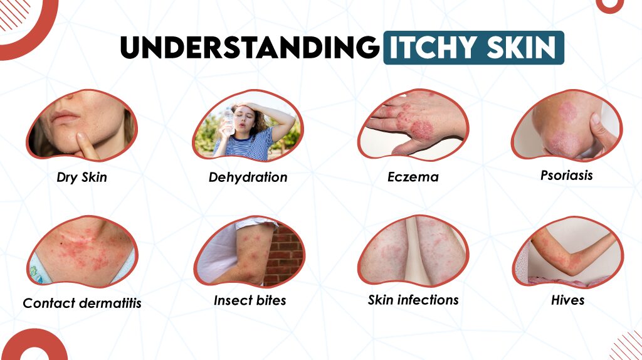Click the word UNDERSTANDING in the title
tap(250, 47)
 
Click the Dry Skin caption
tap(82, 177)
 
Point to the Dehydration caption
tap(248, 177)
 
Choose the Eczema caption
tap(413, 177)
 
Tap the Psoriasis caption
tap(566, 175)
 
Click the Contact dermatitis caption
tap(82, 304)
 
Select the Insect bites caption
tap(250, 300)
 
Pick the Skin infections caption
tap(413, 300)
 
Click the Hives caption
tap(567, 300)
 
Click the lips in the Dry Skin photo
tap(66, 117)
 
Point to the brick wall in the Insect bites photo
tap(285, 251)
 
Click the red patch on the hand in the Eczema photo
tap(421, 130)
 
